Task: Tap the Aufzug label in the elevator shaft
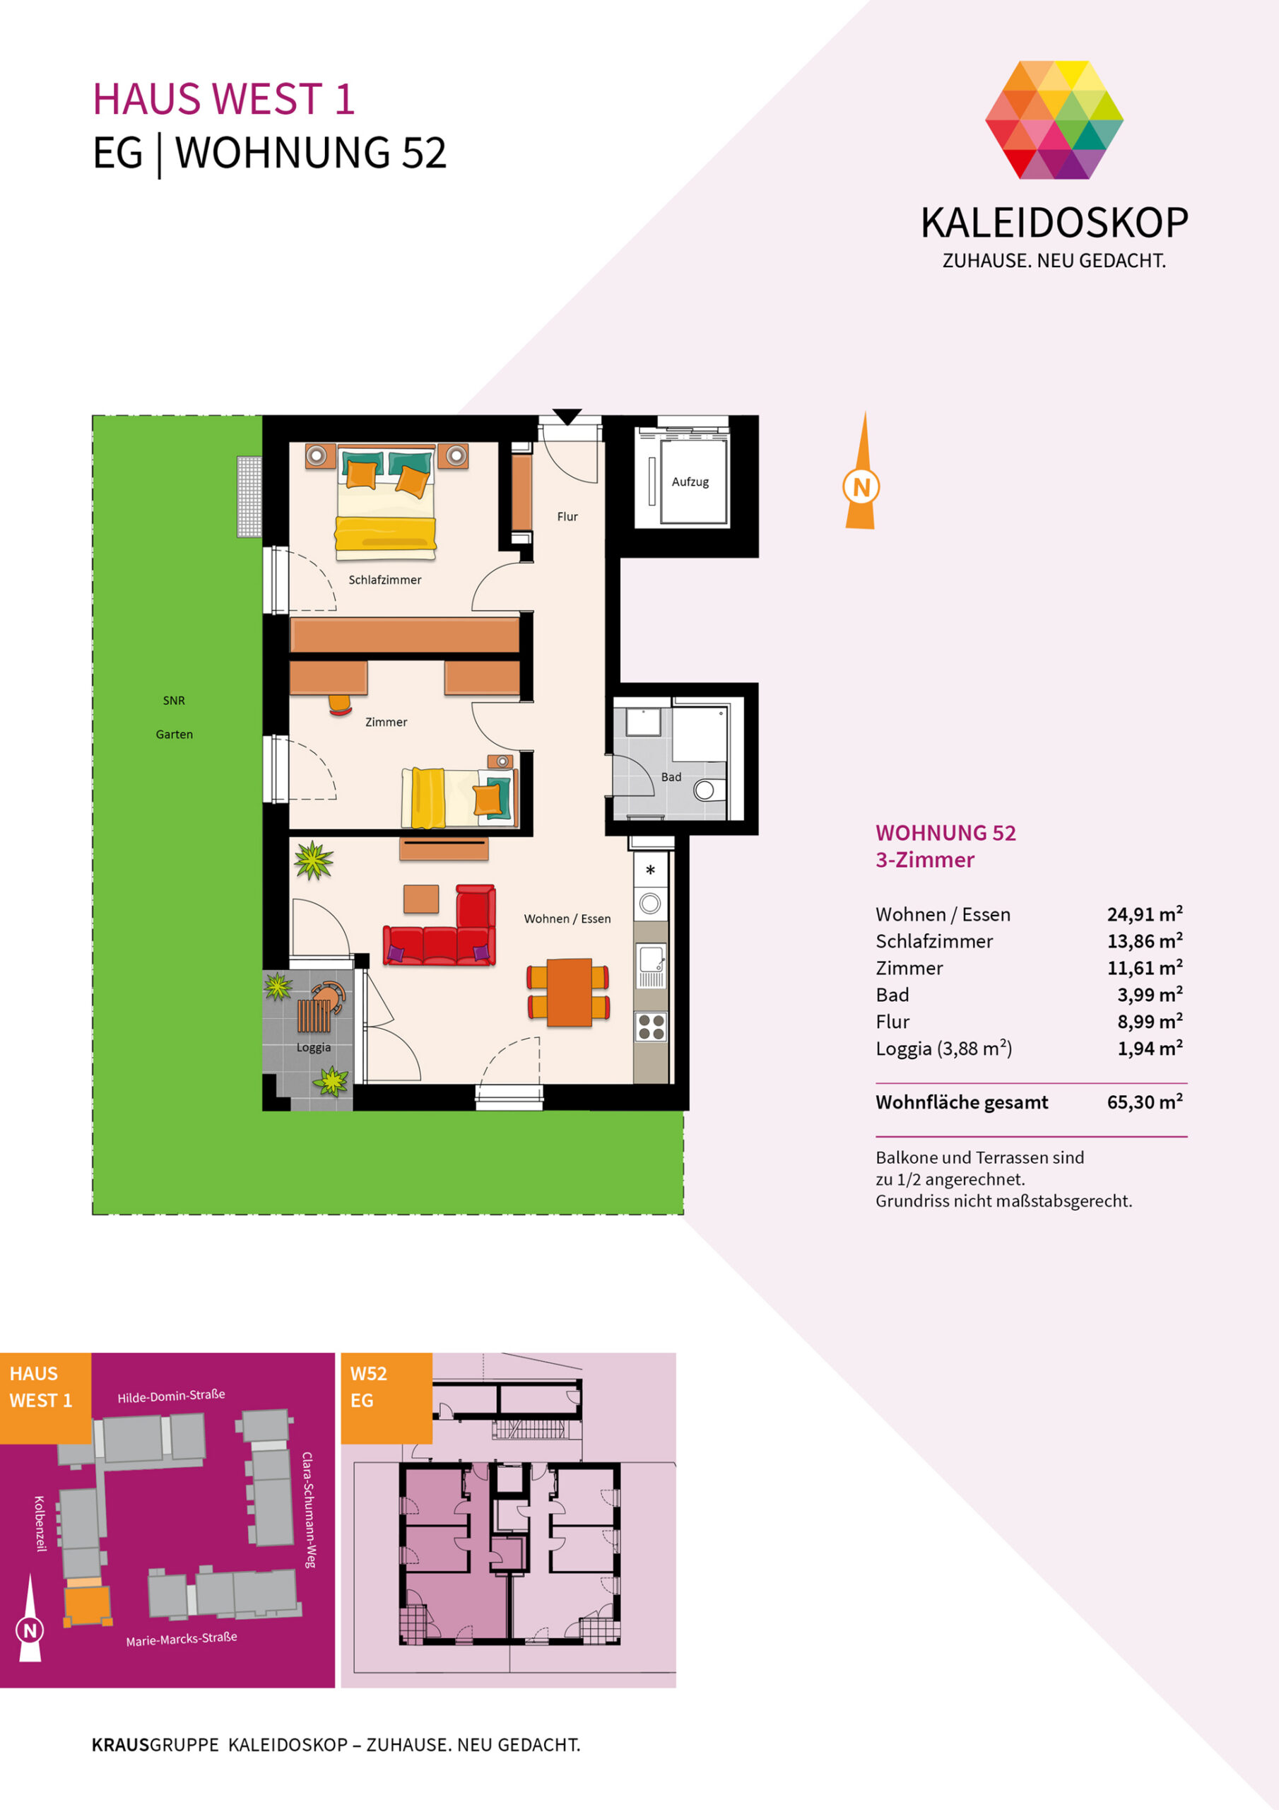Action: pyautogui.click(x=690, y=481)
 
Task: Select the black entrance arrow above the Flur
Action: pyautogui.click(x=567, y=416)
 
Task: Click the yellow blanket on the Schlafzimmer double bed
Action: pyautogui.click(x=385, y=533)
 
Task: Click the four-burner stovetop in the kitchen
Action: pyautogui.click(x=651, y=1027)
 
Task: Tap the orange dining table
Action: pyautogui.click(x=569, y=992)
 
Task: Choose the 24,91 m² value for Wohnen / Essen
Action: pyautogui.click(x=1144, y=913)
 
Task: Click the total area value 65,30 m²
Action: pyautogui.click(x=1144, y=1102)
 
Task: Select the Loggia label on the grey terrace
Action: pyautogui.click(x=314, y=1048)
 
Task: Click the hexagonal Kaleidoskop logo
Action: pyautogui.click(x=1054, y=119)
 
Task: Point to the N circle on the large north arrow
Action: pyautogui.click(x=861, y=487)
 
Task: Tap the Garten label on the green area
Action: pyautogui.click(x=174, y=734)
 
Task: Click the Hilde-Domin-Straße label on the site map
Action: pyautogui.click(x=171, y=1396)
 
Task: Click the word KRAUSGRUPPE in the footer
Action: pyautogui.click(x=155, y=1744)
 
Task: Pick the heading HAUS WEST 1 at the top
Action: pyautogui.click(x=224, y=99)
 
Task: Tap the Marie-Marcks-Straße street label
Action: pyautogui.click(x=182, y=1639)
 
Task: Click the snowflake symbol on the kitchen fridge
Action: pyautogui.click(x=650, y=870)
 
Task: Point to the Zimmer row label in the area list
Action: pyautogui.click(x=909, y=968)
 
